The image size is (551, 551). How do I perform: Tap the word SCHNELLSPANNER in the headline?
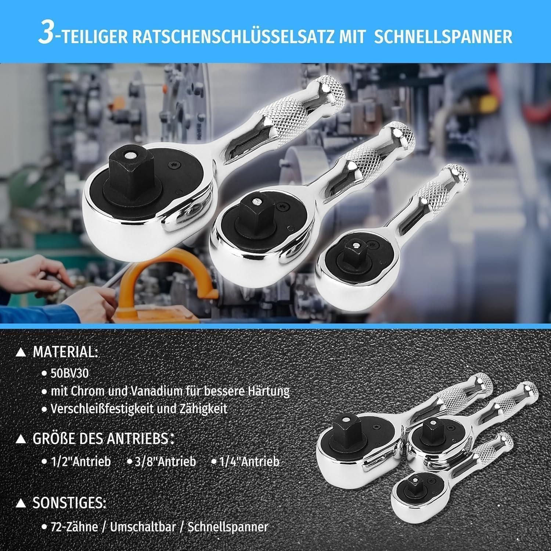point(443,37)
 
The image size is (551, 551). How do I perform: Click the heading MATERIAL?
point(66,352)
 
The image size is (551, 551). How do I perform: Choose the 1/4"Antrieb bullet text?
point(249,461)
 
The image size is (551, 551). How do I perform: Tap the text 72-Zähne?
point(75,527)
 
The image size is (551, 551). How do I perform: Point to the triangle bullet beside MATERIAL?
point(22,353)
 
